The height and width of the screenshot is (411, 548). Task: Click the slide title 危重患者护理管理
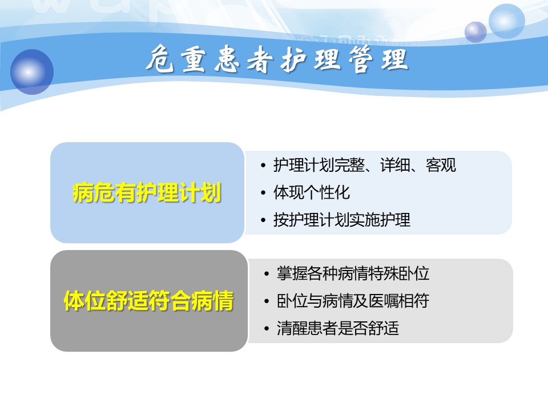pos(277,59)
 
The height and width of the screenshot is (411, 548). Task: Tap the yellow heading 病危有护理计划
pos(147,192)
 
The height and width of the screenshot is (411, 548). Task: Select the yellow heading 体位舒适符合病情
pos(148,301)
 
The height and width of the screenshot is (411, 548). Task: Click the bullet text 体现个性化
pos(312,192)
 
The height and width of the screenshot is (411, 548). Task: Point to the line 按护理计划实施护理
pos(342,220)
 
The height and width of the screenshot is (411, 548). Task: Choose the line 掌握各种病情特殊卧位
pos(353,273)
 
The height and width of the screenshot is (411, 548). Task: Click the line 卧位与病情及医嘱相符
pos(353,301)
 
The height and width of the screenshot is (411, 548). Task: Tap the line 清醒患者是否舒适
pos(338,328)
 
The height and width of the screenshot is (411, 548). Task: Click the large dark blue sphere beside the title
pos(32,72)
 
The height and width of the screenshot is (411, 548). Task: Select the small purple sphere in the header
pos(476,32)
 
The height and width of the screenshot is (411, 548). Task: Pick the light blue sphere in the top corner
pos(506,21)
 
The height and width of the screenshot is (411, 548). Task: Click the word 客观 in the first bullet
pos(441,165)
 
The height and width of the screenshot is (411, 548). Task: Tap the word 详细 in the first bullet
pos(395,165)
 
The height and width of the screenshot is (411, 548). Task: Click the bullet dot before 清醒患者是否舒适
pos(267,329)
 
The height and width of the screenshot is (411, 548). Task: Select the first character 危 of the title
pos(160,59)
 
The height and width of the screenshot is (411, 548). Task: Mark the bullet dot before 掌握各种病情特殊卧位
pos(267,274)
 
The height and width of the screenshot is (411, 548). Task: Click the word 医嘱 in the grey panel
pos(384,301)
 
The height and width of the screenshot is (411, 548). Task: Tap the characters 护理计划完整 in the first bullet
pos(319,165)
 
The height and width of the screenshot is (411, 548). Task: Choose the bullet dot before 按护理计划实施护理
pos(263,220)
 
